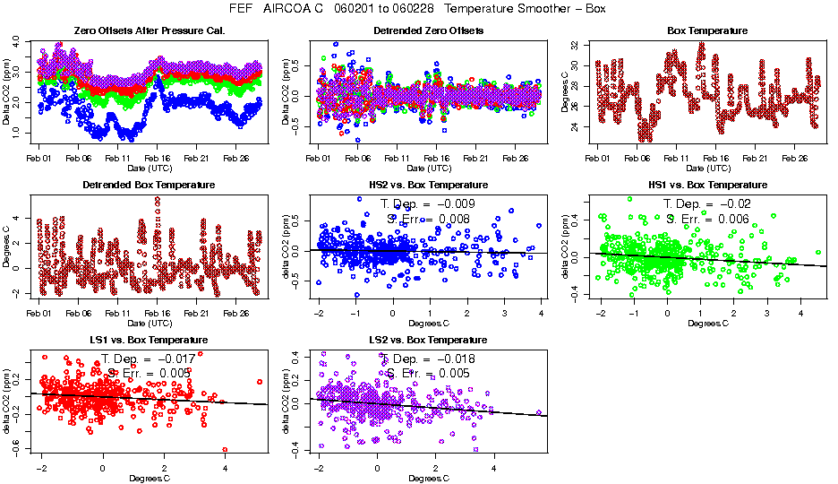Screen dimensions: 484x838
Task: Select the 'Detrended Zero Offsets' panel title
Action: pos(428,30)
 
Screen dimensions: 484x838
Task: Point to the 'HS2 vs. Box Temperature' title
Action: pos(428,185)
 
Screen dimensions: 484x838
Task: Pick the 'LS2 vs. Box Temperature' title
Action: pos(428,341)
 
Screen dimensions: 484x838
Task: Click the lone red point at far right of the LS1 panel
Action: pos(260,382)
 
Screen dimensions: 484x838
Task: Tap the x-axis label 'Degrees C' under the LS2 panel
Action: pos(428,479)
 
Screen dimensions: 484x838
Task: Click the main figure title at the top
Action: pos(418,8)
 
